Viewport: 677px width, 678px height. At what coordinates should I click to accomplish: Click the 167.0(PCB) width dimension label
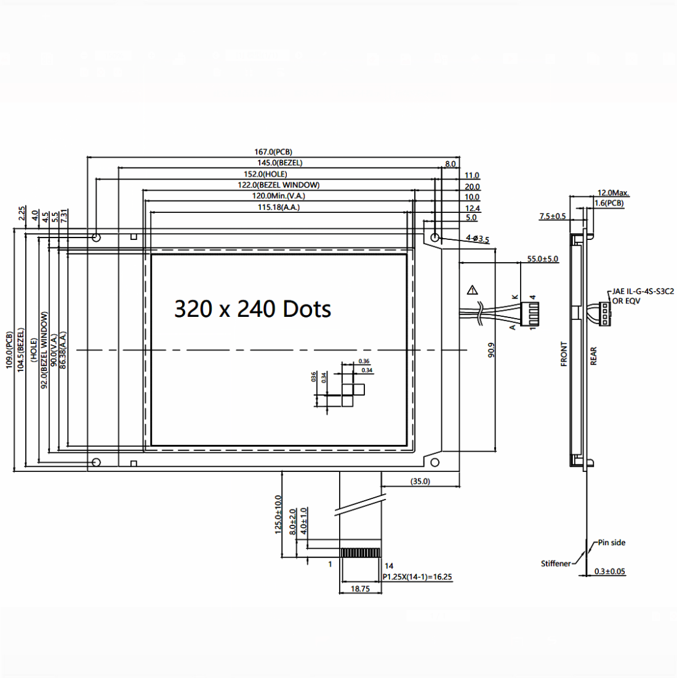point(273,152)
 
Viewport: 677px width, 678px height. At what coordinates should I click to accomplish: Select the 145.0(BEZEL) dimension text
point(279,163)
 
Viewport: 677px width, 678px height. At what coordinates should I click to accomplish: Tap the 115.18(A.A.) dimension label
point(278,207)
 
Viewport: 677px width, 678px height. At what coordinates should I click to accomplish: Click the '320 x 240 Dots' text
point(252,309)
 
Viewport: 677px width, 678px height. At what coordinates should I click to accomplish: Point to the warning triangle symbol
point(472,290)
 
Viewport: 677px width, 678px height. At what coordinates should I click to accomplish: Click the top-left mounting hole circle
point(96,237)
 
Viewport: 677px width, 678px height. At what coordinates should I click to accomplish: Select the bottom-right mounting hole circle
point(435,462)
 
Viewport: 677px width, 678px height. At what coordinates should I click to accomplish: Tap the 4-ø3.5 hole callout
point(478,238)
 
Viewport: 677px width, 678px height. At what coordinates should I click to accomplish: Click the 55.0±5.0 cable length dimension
point(542,259)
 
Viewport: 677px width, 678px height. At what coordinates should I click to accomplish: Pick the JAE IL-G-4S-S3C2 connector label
point(643,292)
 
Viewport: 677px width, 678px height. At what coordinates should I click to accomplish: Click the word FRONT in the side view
point(564,354)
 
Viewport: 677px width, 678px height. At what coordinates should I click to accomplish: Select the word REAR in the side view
point(594,356)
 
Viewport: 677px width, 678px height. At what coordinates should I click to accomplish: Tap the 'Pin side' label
point(611,543)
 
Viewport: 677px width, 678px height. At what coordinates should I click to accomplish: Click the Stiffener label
point(556,564)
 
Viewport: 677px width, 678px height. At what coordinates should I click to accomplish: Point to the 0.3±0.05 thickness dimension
point(609,572)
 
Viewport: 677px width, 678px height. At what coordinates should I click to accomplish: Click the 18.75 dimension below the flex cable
point(360,589)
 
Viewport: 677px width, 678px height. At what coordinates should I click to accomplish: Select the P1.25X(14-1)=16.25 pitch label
point(417,577)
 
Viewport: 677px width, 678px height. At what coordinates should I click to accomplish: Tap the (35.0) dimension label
point(420,481)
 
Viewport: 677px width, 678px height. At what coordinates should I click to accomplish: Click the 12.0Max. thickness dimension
point(613,193)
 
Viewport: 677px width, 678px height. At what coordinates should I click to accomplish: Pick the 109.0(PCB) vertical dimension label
point(9,350)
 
